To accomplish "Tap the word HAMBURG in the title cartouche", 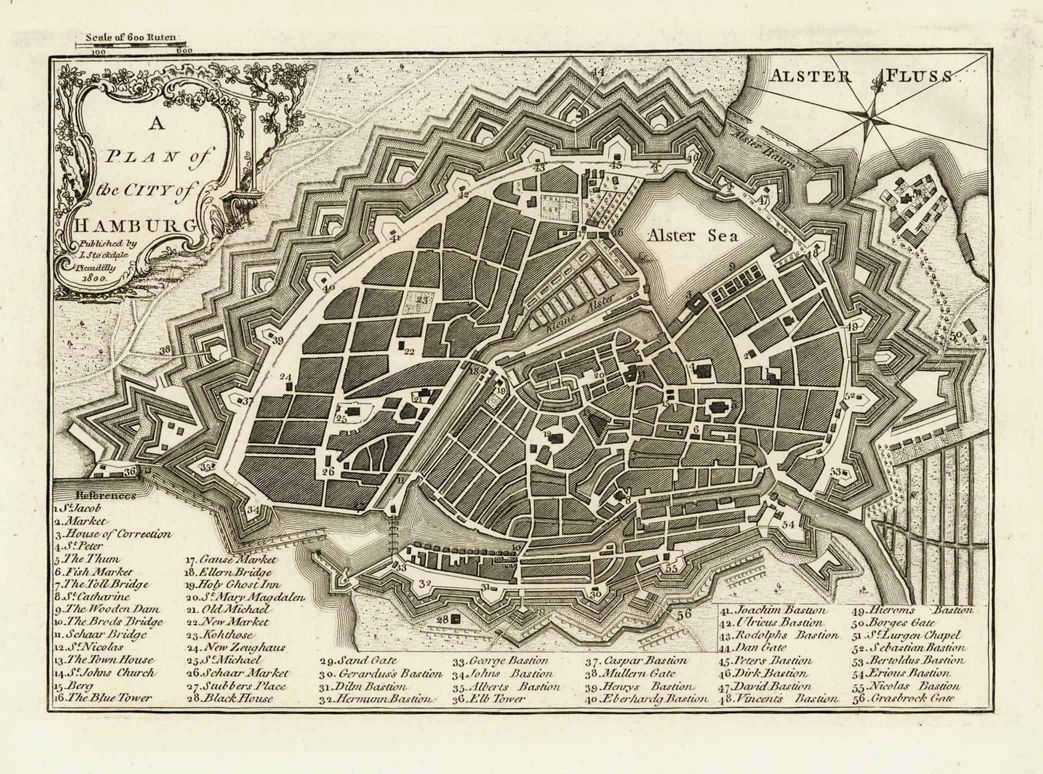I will click(x=134, y=225).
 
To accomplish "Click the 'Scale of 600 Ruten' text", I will click(x=131, y=37).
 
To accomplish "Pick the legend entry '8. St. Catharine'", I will click(x=92, y=596).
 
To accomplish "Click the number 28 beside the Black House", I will click(x=442, y=620).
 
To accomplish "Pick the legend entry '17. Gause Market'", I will click(x=230, y=559).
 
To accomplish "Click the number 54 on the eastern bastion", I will click(x=788, y=524).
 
